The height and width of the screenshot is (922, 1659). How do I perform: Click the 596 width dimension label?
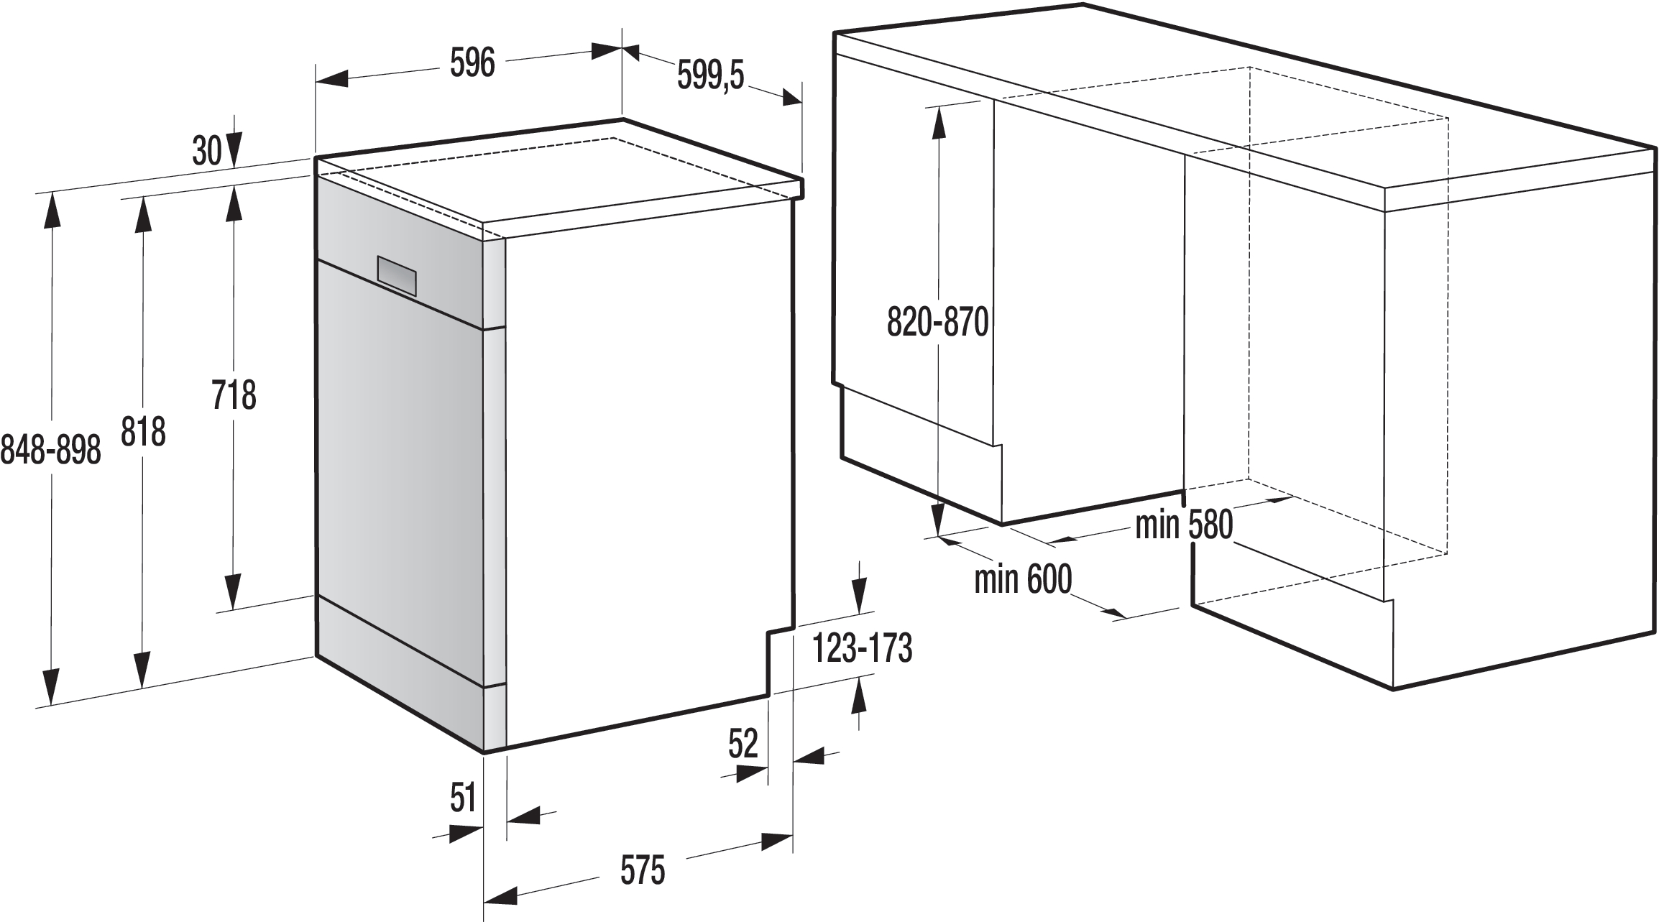[x=472, y=64]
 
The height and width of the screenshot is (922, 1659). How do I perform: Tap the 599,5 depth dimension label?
[x=710, y=75]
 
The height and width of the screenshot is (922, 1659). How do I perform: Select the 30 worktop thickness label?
[x=207, y=152]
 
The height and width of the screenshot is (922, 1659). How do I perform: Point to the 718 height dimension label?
[x=234, y=396]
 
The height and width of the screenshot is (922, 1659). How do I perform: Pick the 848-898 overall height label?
[x=50, y=451]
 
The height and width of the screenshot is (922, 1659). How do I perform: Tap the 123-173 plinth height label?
[x=862, y=648]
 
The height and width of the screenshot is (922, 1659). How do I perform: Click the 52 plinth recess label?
[x=743, y=744]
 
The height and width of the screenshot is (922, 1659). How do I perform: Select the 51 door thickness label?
[x=464, y=798]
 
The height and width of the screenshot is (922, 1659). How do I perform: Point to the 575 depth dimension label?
[x=642, y=871]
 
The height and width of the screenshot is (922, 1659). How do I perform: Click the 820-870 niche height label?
[x=937, y=323]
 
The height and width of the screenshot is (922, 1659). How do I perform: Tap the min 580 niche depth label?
[x=1184, y=525]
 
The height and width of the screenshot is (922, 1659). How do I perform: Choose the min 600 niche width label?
[x=1023, y=578]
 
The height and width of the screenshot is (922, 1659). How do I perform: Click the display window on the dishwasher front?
[x=397, y=276]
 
